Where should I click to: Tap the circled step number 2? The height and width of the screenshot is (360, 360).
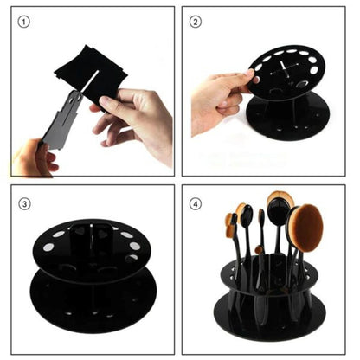coord(196,21)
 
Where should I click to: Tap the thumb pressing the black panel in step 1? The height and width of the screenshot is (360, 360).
coord(111,102)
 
